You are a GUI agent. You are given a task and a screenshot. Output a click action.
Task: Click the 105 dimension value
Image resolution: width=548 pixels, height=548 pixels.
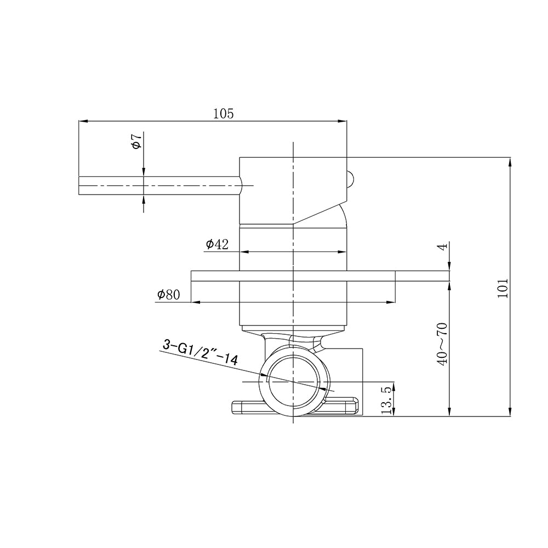point(224,113)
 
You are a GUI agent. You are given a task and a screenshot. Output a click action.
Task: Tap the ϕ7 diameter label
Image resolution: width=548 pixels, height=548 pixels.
point(136,141)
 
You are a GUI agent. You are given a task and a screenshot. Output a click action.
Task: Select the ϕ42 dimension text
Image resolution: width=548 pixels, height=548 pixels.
point(217,244)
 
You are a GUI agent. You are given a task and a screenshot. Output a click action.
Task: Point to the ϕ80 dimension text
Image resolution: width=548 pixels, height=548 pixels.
point(168,295)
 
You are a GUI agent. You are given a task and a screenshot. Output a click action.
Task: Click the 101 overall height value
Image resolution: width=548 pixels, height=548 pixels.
point(502,288)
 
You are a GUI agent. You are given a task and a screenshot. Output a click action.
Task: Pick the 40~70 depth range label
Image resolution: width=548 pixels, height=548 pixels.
point(442,344)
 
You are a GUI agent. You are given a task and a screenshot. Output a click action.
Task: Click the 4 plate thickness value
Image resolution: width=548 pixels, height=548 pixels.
point(442,247)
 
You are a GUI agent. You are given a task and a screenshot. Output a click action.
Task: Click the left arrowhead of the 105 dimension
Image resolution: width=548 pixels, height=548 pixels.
point(83,121)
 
